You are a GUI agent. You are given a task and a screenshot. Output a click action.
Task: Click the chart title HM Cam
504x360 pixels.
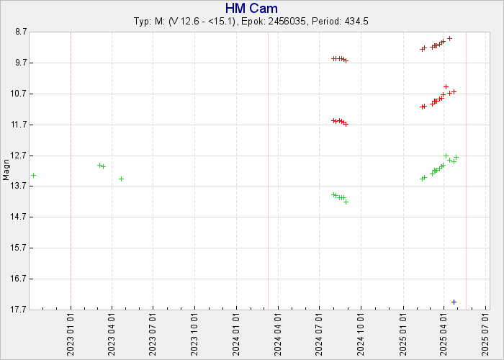point(251,8)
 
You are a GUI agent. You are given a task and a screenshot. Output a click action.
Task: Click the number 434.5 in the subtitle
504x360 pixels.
point(356,22)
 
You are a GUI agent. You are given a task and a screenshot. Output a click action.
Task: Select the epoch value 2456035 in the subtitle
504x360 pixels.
point(287,22)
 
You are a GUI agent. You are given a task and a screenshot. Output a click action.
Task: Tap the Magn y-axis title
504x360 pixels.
point(6,170)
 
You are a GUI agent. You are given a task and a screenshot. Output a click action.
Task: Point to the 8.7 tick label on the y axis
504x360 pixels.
point(21,32)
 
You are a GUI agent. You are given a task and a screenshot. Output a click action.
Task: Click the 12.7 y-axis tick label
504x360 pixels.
point(19,156)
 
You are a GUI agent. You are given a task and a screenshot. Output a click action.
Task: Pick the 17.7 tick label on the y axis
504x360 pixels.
point(19,310)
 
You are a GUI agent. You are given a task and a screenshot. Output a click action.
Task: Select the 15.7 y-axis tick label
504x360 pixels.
point(19,248)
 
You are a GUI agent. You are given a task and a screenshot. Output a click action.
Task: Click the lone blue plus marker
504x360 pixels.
point(454,302)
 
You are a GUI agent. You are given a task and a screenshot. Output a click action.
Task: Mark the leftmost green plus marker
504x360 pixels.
point(33,175)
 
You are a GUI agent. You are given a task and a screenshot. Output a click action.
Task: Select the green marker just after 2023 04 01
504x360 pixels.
point(121,179)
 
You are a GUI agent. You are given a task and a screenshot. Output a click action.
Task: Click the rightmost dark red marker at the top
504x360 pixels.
point(450,39)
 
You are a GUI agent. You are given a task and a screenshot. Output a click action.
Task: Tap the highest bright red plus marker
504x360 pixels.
point(446,87)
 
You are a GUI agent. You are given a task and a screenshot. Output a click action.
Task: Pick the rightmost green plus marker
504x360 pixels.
point(456,157)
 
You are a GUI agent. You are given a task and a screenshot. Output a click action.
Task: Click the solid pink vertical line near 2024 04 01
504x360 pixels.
point(268,171)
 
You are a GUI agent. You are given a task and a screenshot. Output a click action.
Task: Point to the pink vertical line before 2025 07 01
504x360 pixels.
point(466,171)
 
